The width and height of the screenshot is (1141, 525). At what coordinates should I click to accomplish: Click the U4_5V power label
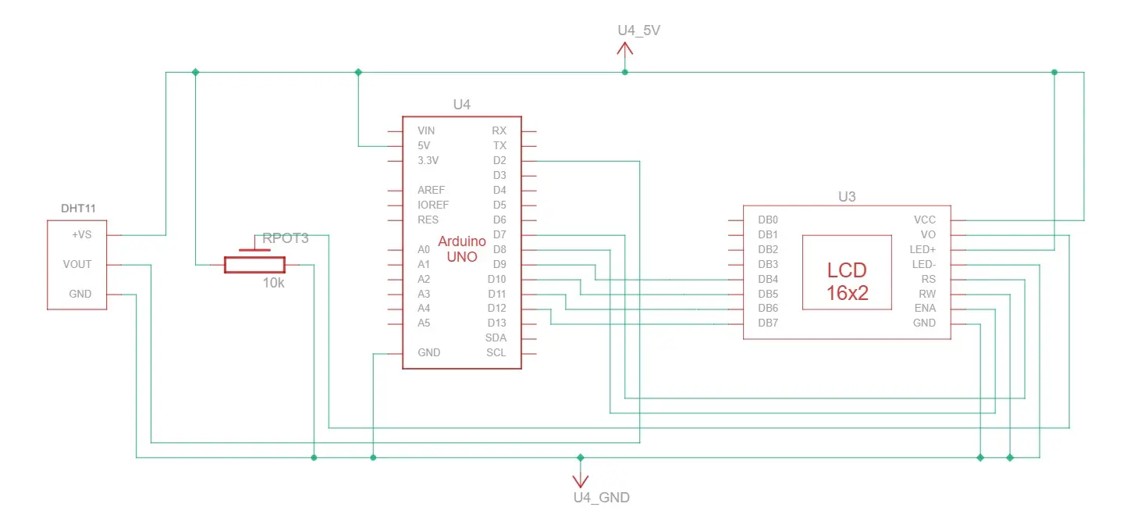click(x=638, y=30)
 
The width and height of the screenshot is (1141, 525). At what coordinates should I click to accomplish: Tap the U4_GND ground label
click(x=602, y=498)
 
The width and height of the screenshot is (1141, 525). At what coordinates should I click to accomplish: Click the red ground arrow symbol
click(x=581, y=478)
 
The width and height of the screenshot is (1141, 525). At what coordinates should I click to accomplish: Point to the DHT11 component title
click(x=78, y=209)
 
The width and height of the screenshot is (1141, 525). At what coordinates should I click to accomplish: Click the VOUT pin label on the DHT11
click(x=77, y=265)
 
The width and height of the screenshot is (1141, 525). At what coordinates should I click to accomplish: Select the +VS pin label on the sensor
click(x=81, y=235)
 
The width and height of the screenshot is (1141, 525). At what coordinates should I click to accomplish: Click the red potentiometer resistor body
click(x=254, y=265)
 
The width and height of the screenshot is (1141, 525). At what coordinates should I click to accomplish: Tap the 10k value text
click(x=273, y=283)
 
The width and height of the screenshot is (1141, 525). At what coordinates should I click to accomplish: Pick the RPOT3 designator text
click(x=286, y=238)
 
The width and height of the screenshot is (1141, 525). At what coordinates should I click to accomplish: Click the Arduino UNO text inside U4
click(x=462, y=248)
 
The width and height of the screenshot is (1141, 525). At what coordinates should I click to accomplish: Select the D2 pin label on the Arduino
click(x=499, y=161)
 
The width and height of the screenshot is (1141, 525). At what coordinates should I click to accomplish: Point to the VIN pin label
click(x=426, y=131)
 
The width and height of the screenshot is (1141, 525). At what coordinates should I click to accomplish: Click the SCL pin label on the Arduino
click(x=496, y=352)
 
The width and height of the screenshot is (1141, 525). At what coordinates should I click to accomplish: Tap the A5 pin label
click(x=424, y=323)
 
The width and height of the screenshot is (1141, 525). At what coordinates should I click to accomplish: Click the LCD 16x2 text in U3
click(x=847, y=281)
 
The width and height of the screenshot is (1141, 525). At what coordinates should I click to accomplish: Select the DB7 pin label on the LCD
click(x=768, y=323)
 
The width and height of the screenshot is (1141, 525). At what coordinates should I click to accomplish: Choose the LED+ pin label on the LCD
click(x=923, y=250)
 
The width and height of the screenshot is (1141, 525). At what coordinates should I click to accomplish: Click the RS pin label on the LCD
click(x=929, y=280)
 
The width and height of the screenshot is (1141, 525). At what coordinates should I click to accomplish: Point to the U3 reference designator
click(x=847, y=197)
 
